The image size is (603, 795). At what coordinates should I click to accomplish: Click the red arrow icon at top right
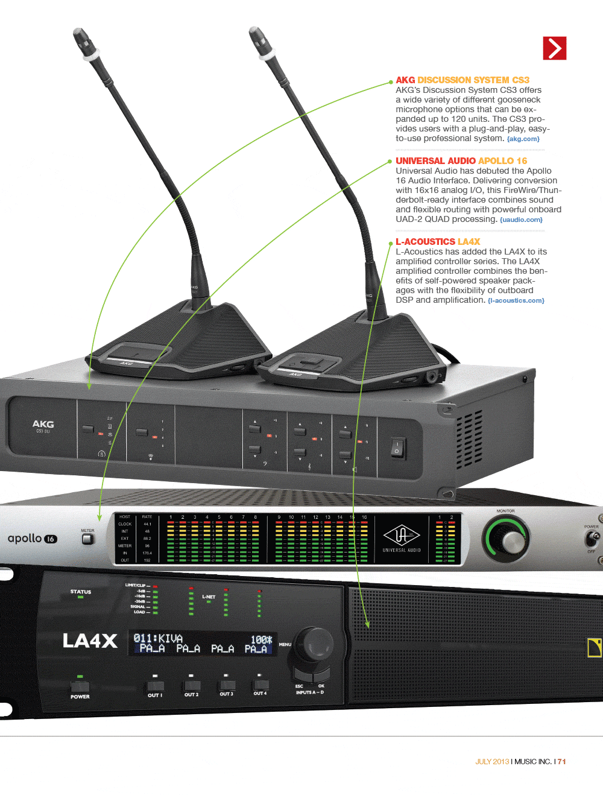click(x=554, y=48)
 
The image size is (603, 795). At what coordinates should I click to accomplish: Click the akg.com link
click(x=523, y=139)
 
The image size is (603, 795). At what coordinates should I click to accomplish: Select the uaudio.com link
click(x=521, y=220)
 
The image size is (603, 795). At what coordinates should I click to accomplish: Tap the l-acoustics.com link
click(x=516, y=300)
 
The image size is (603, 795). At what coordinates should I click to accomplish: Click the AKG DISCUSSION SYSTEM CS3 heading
click(x=462, y=80)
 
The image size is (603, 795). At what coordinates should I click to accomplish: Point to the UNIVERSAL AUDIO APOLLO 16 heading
click(x=461, y=161)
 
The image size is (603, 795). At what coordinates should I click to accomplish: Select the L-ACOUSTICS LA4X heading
click(x=437, y=242)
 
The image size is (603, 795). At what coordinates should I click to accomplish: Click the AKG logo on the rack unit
click(x=43, y=425)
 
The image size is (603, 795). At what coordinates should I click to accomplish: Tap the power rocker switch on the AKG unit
click(x=397, y=448)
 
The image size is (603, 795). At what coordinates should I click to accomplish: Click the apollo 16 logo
click(x=32, y=539)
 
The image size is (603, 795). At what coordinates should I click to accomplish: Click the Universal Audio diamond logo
click(x=402, y=535)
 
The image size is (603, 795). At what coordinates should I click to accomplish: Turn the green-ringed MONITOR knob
click(x=507, y=539)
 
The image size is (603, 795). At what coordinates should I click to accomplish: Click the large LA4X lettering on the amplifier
click(x=90, y=641)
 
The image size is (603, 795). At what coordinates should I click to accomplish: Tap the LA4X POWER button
click(x=80, y=686)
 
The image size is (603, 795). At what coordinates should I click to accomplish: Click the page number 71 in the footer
click(x=561, y=762)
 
